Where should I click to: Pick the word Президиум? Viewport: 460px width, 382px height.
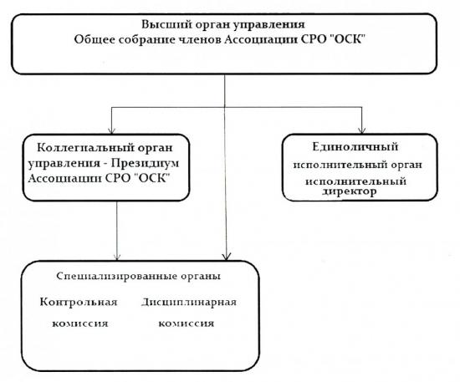click(145, 164)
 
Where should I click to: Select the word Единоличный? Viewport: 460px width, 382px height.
click(355, 146)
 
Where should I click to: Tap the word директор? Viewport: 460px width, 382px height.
click(349, 191)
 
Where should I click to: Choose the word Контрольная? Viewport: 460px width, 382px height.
click(79, 302)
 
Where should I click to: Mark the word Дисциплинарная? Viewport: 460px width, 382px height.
click(189, 303)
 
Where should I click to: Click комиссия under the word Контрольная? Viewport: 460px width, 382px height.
click(80, 324)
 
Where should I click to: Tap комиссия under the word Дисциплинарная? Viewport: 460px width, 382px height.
click(187, 323)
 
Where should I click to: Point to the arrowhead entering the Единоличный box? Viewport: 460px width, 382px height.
click(361, 130)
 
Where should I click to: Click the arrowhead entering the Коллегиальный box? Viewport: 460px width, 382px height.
click(111, 130)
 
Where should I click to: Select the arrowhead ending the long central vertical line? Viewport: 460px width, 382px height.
click(226, 257)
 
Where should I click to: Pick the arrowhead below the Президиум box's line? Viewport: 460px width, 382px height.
click(117, 257)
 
